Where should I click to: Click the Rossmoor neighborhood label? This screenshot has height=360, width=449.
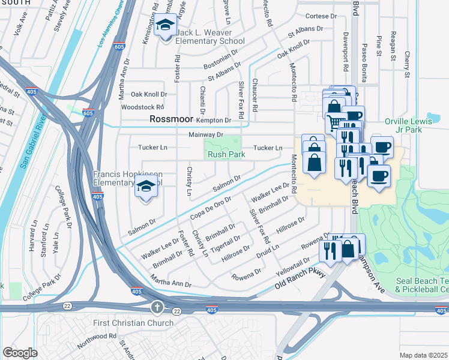(172, 119)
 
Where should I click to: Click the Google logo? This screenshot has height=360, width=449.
(20, 353)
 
